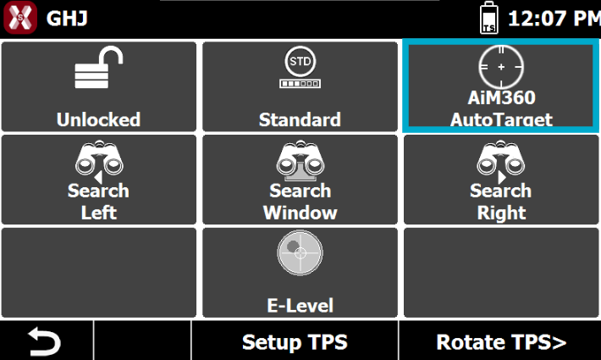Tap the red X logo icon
(x=20, y=18)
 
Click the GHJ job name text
(x=67, y=19)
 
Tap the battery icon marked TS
(x=489, y=18)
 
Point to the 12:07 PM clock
(x=554, y=19)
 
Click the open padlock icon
(x=99, y=68)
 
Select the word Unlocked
(x=98, y=119)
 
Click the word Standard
(x=300, y=119)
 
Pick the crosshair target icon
(x=501, y=67)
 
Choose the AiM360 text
(x=501, y=97)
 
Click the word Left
(x=98, y=213)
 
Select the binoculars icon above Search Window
(x=300, y=161)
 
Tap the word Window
(x=300, y=213)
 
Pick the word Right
(x=501, y=213)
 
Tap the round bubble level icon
(x=300, y=252)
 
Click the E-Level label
(x=300, y=306)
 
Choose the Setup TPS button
(x=295, y=341)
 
